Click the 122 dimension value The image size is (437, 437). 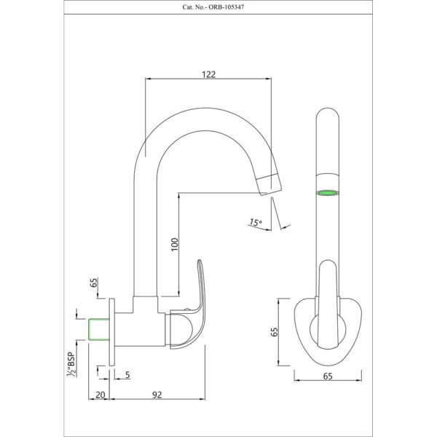point(209,74)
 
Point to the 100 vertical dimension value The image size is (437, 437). point(175,245)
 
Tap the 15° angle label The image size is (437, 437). point(256,222)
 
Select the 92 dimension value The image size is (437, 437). point(157,395)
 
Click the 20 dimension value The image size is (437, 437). point(101,395)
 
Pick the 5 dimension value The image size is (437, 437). point(127,375)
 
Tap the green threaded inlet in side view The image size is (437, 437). point(98,329)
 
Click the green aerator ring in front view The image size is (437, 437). point(327,192)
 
